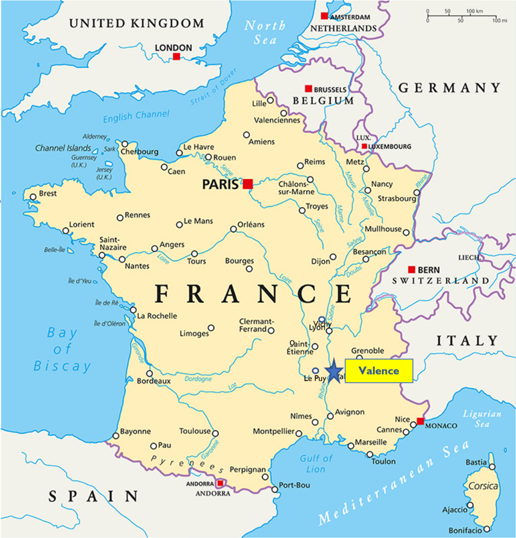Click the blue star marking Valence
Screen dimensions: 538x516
pyautogui.click(x=334, y=371)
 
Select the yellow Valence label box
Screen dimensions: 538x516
pyautogui.click(x=379, y=371)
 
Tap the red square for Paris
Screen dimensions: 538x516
pyautogui.click(x=248, y=183)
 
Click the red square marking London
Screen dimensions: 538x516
pyautogui.click(x=177, y=56)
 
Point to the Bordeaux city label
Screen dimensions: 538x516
pyautogui.click(x=153, y=381)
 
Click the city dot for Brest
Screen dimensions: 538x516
pyautogui.click(x=33, y=197)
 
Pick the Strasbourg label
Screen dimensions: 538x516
pyautogui.click(x=397, y=199)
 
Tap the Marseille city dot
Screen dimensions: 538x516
pyautogui.click(x=350, y=446)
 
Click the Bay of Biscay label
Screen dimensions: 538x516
pyautogui.click(x=62, y=349)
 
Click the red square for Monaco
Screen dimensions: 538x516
pyautogui.click(x=420, y=421)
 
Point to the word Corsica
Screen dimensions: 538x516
pyautogui.click(x=483, y=486)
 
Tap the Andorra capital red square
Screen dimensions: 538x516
pyautogui.click(x=221, y=483)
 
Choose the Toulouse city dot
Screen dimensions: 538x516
pyautogui.click(x=215, y=433)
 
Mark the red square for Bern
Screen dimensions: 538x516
pyautogui.click(x=412, y=270)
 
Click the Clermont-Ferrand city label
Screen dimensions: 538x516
pyautogui.click(x=256, y=325)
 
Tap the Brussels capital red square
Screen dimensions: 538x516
pyautogui.click(x=308, y=89)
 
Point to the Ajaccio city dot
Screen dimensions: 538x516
pyautogui.click(x=470, y=505)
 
